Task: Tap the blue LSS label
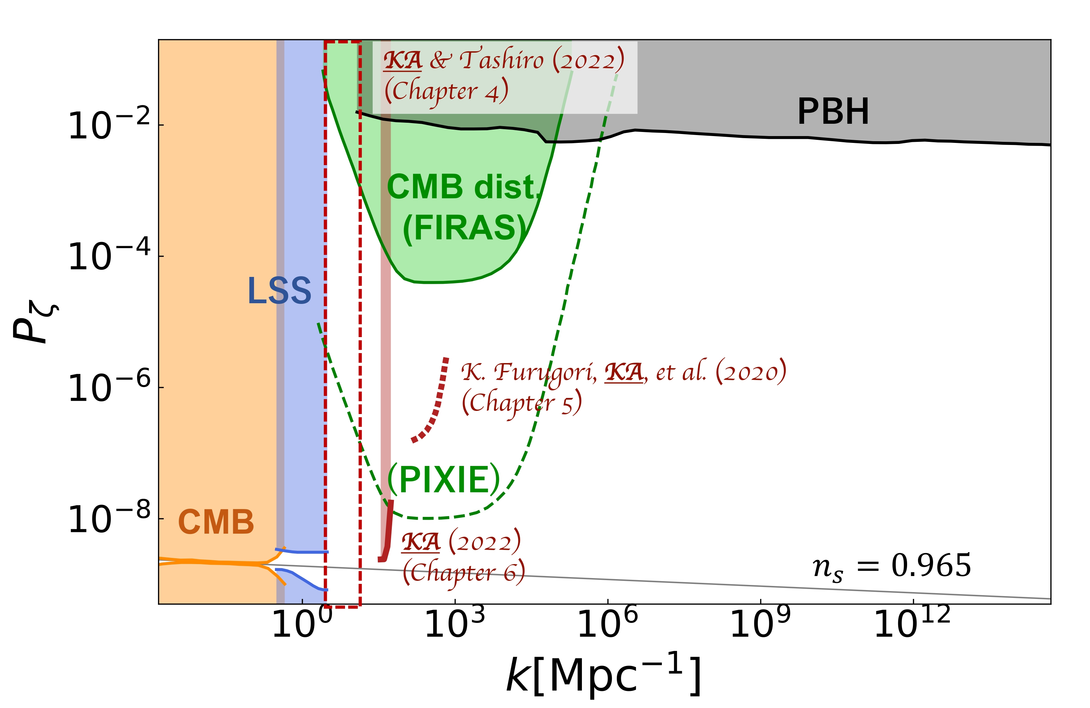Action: (279, 291)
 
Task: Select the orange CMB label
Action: (216, 522)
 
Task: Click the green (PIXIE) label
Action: (444, 480)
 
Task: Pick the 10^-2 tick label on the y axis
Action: (109, 124)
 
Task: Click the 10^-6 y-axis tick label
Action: (109, 387)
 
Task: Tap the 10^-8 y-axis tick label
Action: (109, 519)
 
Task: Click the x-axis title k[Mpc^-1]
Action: (603, 676)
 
